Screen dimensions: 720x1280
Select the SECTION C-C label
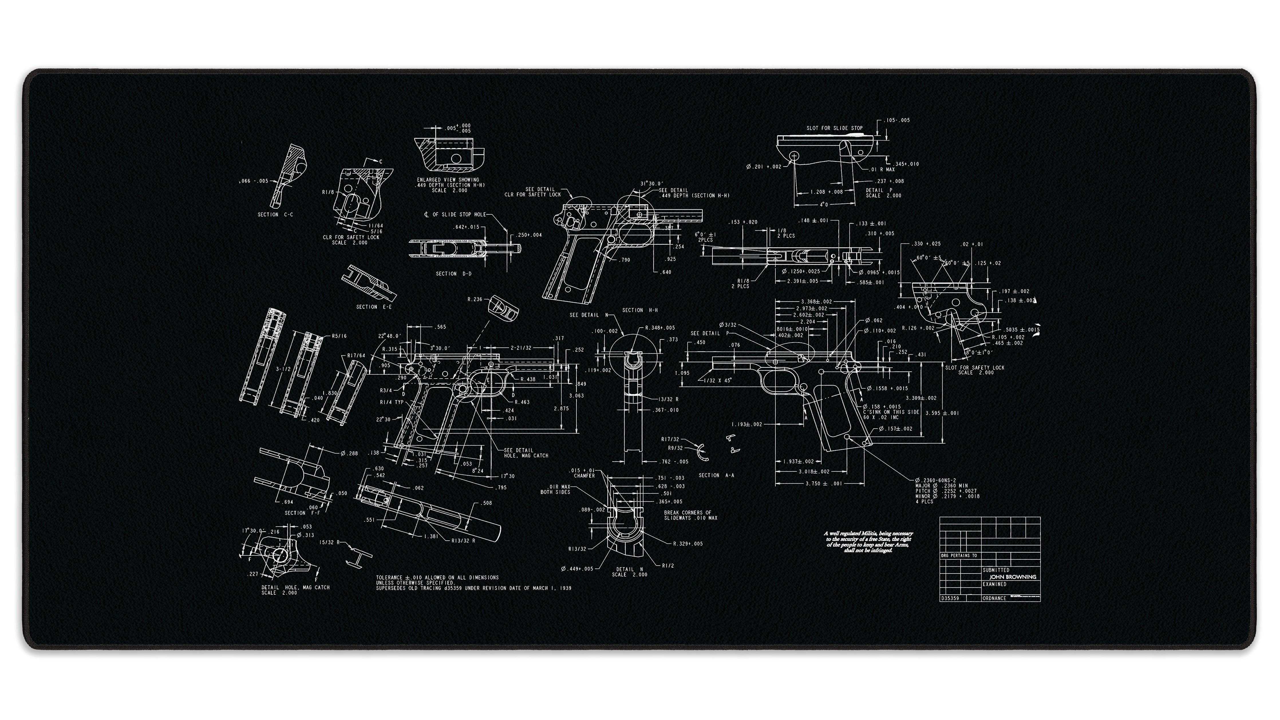[275, 215]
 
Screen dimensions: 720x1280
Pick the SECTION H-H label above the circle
[640, 310]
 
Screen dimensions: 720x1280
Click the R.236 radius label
[475, 300]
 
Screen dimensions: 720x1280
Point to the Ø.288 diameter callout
[349, 453]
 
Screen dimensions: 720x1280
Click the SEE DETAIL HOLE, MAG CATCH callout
[526, 453]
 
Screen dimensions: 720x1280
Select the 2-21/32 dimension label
[521, 348]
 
